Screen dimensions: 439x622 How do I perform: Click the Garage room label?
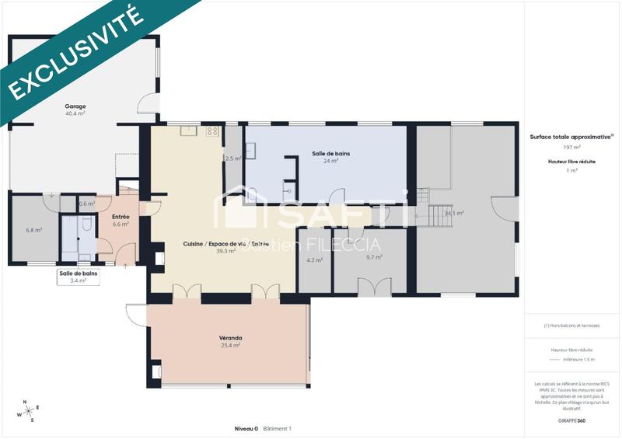pos(75,106)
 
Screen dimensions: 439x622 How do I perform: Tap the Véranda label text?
pos(230,338)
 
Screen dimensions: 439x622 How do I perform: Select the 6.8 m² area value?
pos(33,230)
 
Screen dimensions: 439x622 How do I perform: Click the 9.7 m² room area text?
pos(374,257)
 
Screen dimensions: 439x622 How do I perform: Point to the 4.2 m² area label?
pos(314,260)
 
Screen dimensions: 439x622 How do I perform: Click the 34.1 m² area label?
pos(454,213)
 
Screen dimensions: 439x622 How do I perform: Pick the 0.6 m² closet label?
pos(86,204)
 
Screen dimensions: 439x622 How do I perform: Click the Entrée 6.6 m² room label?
pos(121,221)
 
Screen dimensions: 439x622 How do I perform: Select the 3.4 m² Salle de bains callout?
pos(79,277)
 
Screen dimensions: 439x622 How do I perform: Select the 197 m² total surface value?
pos(572,146)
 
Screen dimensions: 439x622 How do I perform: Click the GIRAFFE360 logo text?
pos(571,421)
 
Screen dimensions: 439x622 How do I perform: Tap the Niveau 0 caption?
pos(246,429)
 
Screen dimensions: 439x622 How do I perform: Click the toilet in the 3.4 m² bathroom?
pos(86,225)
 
